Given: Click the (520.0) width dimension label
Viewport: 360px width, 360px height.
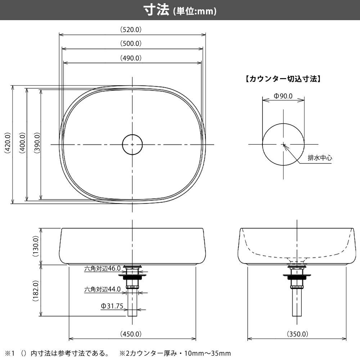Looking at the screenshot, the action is coord(131,30).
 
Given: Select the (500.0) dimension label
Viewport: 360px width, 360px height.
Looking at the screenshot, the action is coord(131,44).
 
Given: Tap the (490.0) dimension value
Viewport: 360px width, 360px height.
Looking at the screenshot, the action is coord(131,58).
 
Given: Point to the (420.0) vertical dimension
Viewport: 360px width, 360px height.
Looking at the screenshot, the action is coord(8,143).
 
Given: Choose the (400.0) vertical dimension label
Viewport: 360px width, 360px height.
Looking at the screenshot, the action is coord(22,143).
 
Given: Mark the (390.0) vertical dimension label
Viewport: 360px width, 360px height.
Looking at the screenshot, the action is coord(37,143).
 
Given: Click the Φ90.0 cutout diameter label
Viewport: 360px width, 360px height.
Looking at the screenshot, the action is coord(283,96).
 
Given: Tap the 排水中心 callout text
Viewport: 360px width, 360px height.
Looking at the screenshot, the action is coord(320,158).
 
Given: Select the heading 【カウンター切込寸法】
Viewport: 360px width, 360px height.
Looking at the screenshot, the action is coord(283,79).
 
